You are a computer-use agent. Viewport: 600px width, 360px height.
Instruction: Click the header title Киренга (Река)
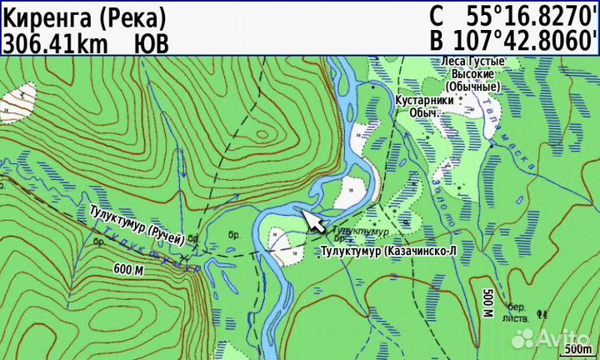click(83, 16)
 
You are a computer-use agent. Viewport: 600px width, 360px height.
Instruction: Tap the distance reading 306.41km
click(55, 42)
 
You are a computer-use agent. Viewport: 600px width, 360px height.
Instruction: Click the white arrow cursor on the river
click(312, 221)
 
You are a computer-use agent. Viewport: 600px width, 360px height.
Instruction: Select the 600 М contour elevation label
click(129, 269)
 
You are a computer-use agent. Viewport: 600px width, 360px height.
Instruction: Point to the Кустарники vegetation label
click(424, 100)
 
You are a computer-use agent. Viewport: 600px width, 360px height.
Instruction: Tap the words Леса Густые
click(472, 62)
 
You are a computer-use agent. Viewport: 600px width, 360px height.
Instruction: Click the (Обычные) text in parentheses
click(472, 86)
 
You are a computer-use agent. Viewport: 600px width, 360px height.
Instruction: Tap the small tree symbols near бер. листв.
click(542, 314)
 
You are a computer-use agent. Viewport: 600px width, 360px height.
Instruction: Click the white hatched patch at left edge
click(18, 102)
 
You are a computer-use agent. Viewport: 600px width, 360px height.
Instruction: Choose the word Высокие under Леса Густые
click(472, 73)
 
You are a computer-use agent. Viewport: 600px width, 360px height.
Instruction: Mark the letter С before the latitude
click(437, 16)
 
